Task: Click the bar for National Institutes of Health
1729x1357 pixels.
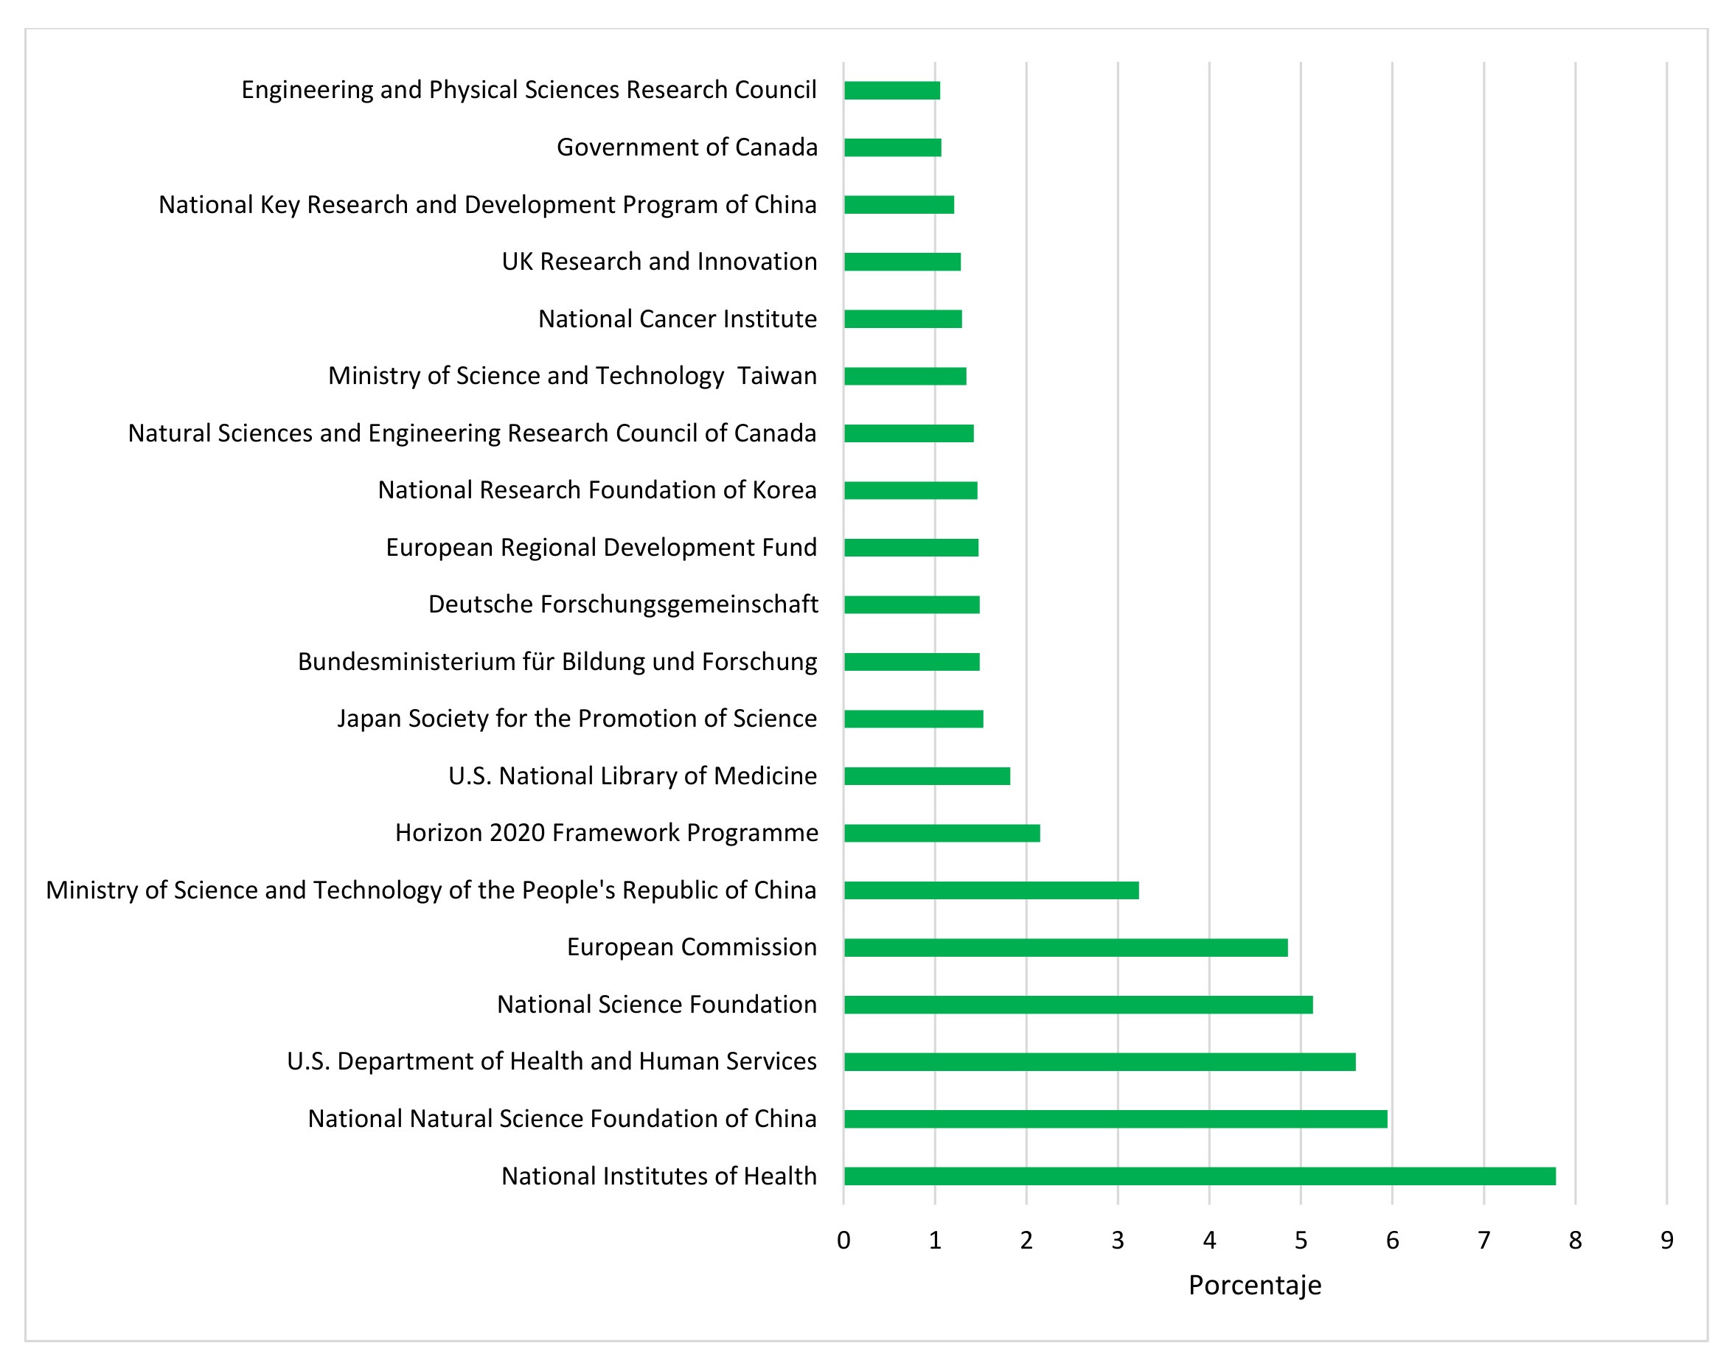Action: point(1199,1176)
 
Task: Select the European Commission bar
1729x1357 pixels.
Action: point(1065,947)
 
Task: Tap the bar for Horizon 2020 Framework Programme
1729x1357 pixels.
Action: point(942,833)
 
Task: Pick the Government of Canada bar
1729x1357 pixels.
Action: point(892,147)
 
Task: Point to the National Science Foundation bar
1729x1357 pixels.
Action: point(1078,1004)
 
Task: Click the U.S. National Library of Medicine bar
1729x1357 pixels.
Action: point(927,775)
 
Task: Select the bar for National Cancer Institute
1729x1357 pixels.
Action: point(902,318)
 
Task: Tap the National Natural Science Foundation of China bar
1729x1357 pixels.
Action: point(1116,1119)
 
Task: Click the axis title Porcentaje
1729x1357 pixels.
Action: point(1255,1285)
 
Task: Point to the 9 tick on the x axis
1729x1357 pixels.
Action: point(1666,1241)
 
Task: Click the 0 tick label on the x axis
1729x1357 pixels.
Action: point(843,1241)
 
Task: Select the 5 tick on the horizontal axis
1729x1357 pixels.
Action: point(1301,1241)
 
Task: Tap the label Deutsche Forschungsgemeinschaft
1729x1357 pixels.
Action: point(623,604)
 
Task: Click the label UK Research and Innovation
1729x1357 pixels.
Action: point(658,262)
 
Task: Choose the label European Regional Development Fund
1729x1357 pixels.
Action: point(601,548)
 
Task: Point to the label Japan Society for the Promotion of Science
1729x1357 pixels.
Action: point(577,718)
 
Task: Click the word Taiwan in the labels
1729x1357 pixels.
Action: point(776,376)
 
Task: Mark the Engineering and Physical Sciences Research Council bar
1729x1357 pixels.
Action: point(891,90)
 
